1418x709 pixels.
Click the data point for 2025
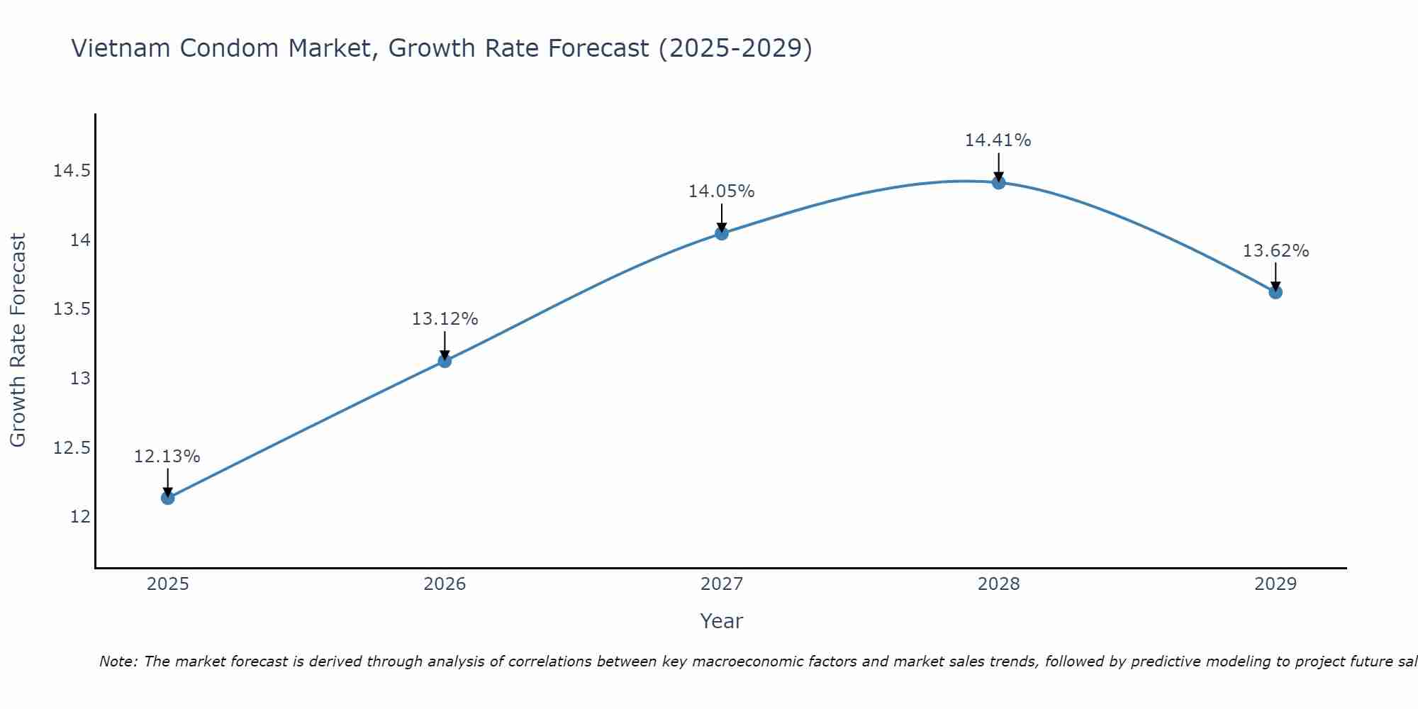(x=167, y=498)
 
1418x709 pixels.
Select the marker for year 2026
(x=445, y=361)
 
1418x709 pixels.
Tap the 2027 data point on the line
(x=722, y=233)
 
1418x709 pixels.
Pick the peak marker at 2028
(x=998, y=182)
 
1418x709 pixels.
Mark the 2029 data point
(x=1275, y=291)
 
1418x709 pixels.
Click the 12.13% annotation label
(x=167, y=457)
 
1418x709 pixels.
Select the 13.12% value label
(x=445, y=319)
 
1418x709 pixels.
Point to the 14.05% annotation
(x=722, y=191)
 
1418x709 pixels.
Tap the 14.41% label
(x=998, y=140)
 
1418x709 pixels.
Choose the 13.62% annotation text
(x=1275, y=251)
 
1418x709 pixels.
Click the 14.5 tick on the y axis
(x=72, y=171)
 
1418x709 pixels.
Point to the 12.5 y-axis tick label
(x=72, y=447)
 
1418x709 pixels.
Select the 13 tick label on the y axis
(x=80, y=379)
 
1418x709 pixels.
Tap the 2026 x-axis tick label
(x=445, y=584)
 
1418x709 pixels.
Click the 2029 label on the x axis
(x=1275, y=584)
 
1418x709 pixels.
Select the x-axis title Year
(x=721, y=621)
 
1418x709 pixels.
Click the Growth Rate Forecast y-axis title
(x=18, y=340)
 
